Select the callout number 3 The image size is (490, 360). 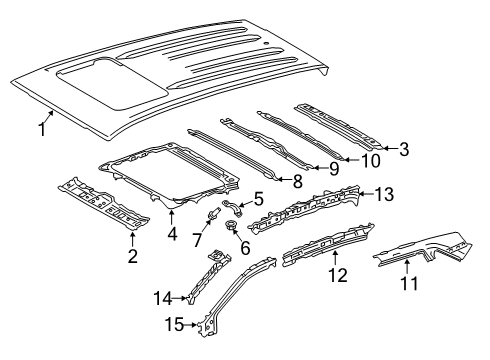coord(403,149)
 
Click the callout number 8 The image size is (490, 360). coord(297,181)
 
